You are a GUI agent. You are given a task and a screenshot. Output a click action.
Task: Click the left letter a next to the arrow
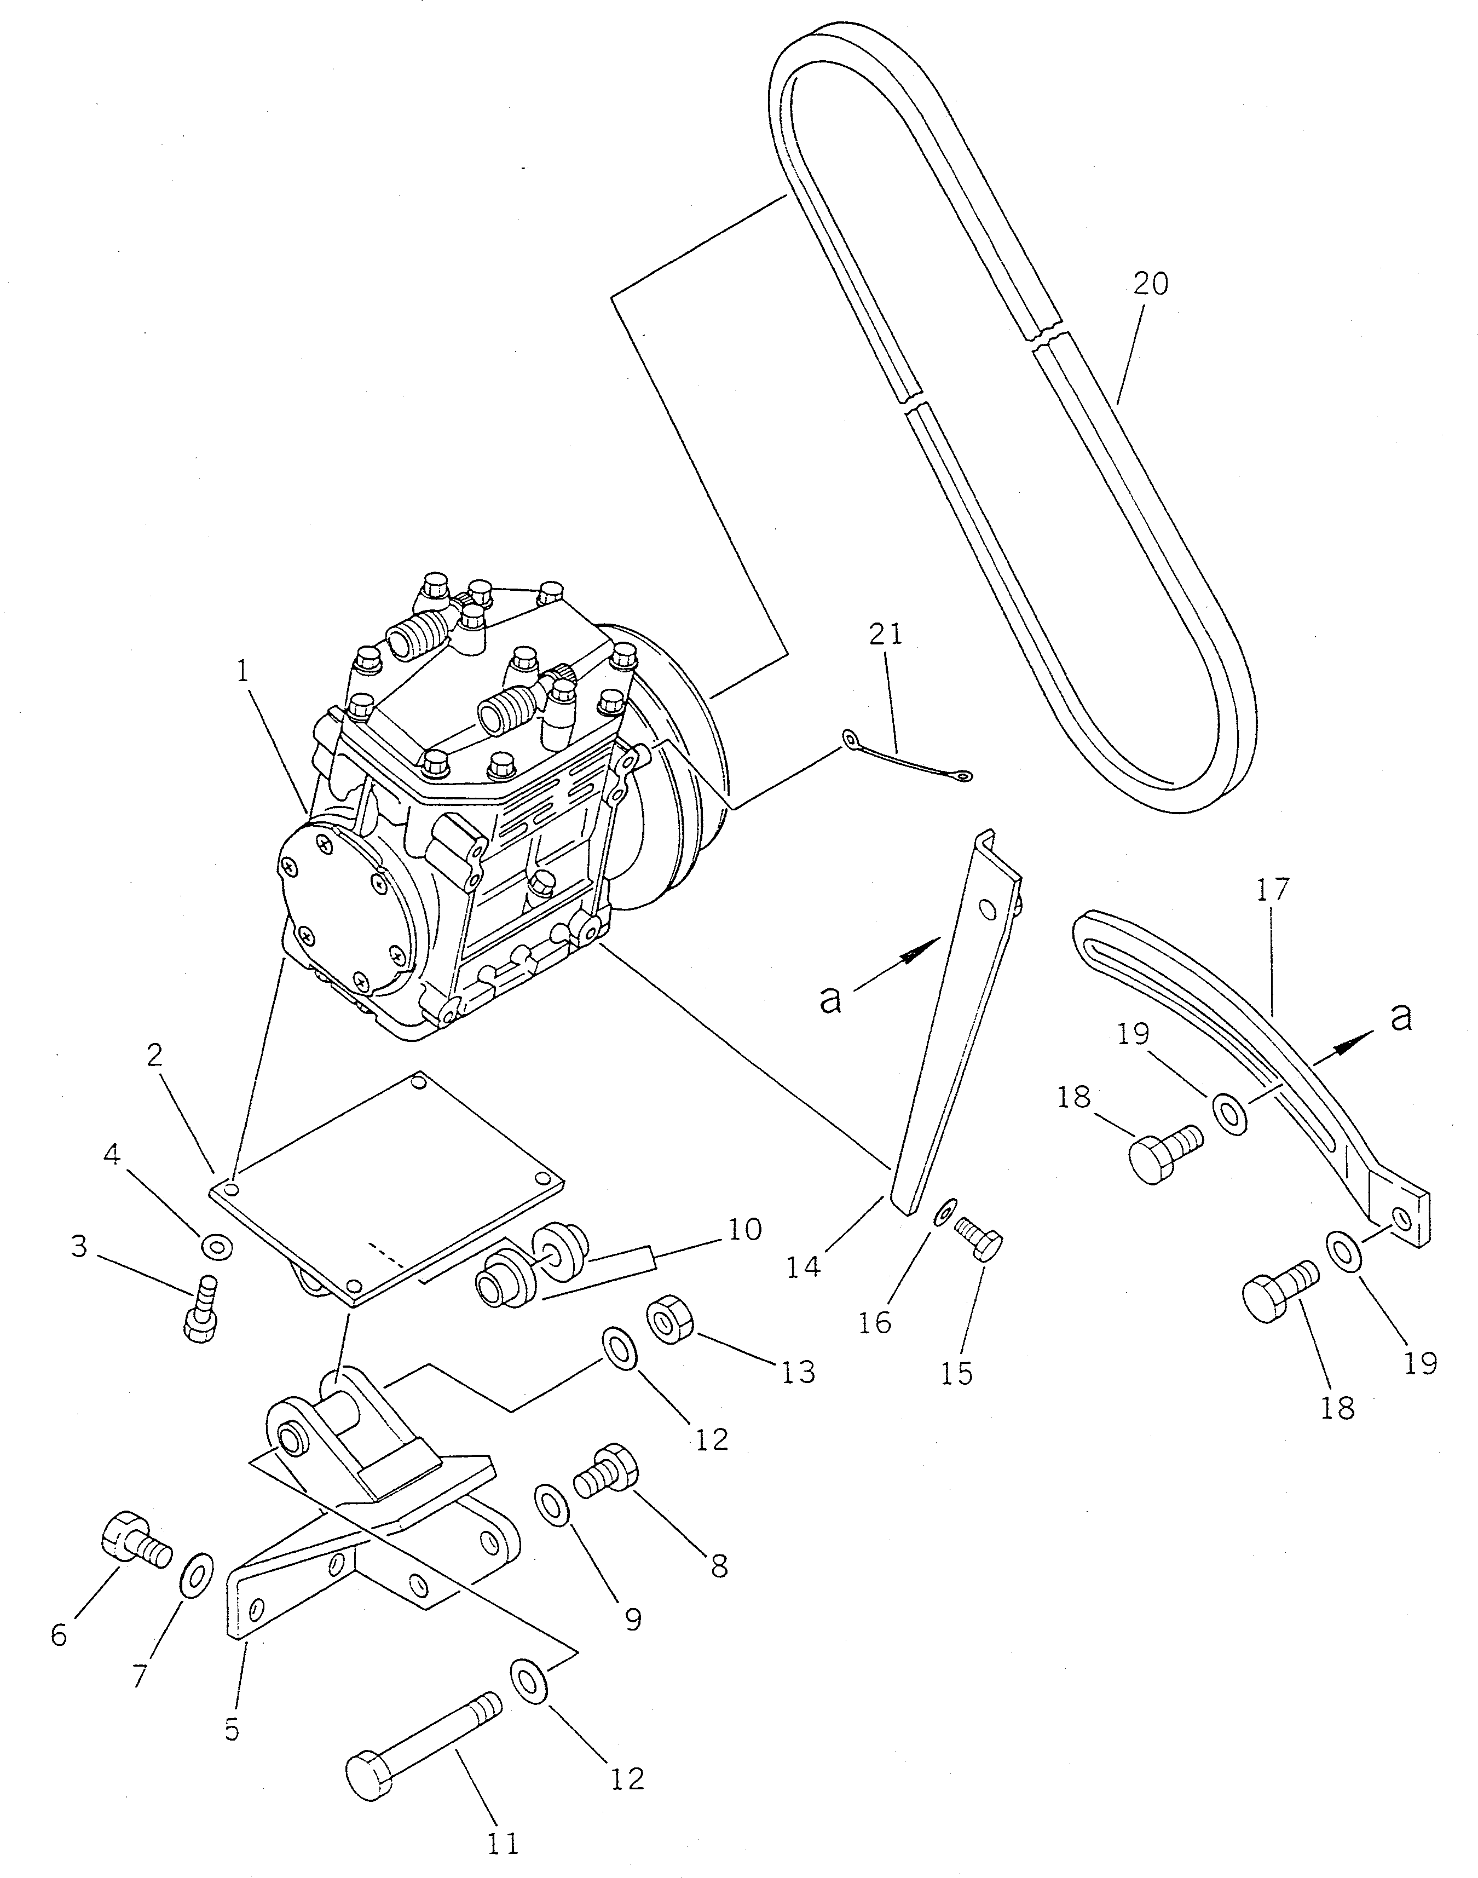coord(832,1000)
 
